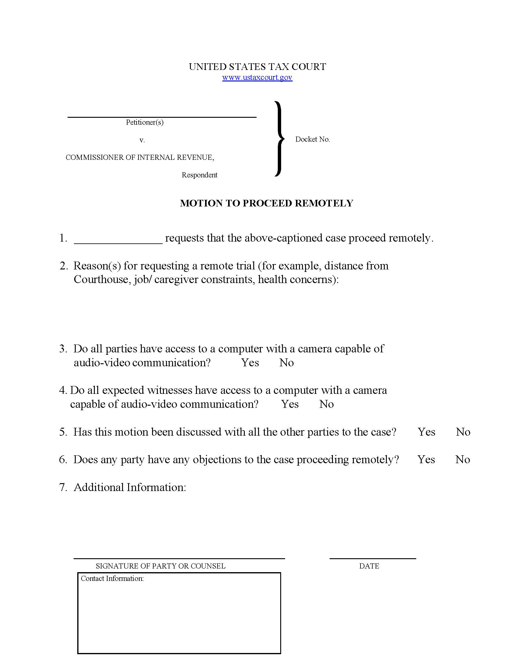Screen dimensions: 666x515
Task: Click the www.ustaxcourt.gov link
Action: (257, 77)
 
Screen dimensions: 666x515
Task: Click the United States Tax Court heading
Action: (257, 67)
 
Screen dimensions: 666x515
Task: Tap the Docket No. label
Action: (312, 139)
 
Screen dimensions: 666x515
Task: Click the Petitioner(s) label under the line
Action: (145, 122)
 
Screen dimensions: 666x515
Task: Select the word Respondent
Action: (200, 175)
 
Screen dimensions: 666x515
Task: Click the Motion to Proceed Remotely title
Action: (266, 203)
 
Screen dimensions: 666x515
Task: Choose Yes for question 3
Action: (250, 363)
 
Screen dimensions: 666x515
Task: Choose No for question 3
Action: (287, 363)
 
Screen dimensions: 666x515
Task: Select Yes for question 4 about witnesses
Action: (290, 404)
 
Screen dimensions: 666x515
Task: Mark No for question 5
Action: (463, 432)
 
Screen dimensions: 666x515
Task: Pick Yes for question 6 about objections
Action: (426, 459)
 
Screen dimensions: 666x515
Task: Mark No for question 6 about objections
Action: (463, 459)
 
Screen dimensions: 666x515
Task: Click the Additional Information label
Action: (130, 487)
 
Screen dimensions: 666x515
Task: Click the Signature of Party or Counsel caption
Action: (161, 566)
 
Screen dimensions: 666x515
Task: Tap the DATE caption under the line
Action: (369, 566)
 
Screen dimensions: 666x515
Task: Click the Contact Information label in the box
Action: (112, 579)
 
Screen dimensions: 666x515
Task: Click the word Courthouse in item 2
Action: (101, 279)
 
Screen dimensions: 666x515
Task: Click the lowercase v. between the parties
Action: (142, 140)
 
